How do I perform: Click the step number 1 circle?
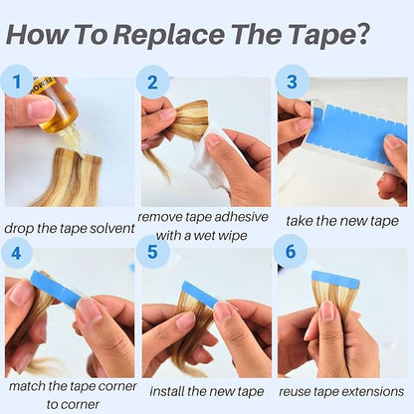tap(17, 82)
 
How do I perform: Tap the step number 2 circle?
tap(152, 82)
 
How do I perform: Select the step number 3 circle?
tap(293, 82)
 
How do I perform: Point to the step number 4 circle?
tap(17, 254)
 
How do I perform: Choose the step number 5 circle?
tap(152, 252)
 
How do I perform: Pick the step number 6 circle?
tap(291, 251)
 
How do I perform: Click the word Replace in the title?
tap(169, 34)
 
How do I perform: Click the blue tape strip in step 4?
tap(56, 288)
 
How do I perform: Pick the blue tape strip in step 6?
tap(335, 279)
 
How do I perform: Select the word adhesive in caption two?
tap(241, 217)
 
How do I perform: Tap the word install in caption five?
tap(166, 391)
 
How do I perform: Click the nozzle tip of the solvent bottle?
tap(81, 154)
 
